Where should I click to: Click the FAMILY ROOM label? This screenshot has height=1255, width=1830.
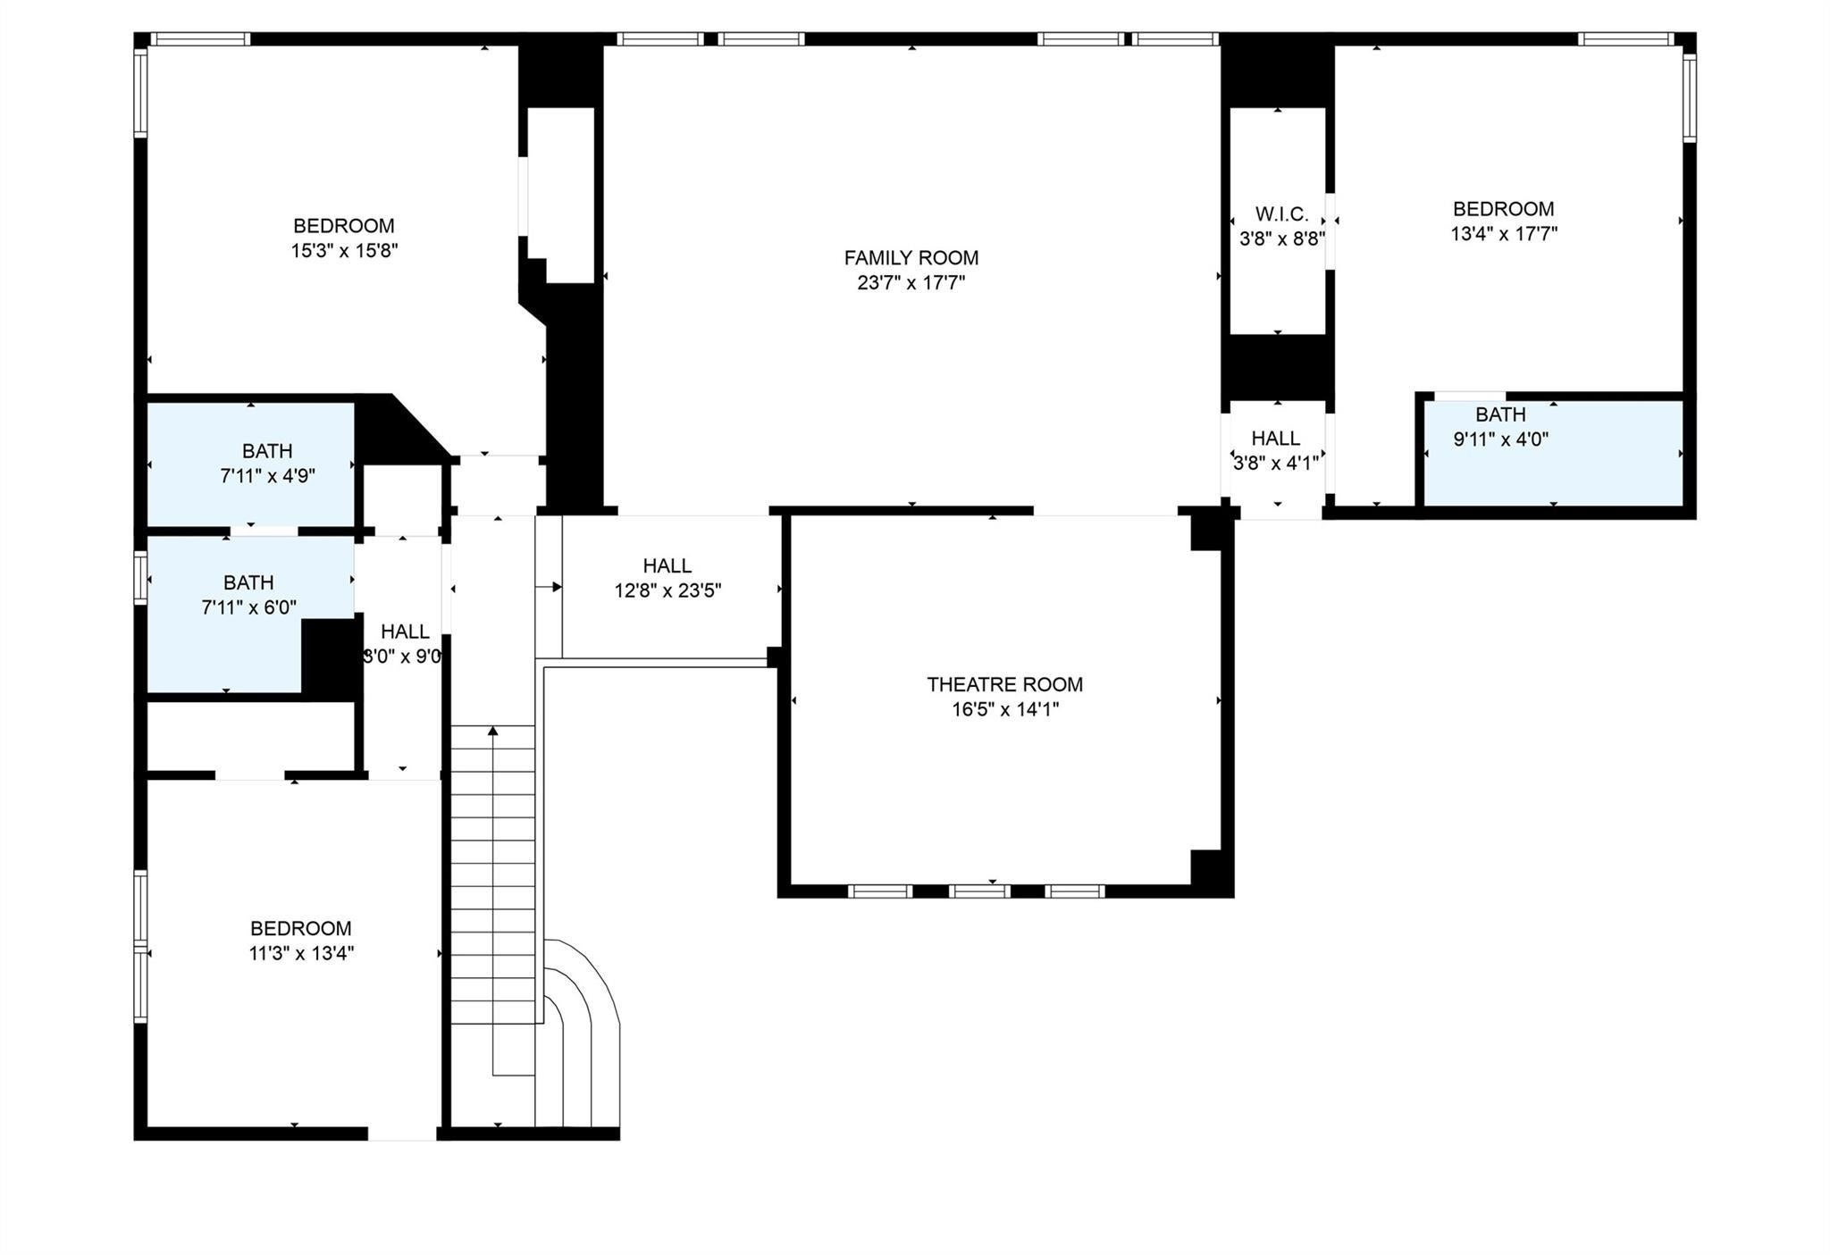click(911, 258)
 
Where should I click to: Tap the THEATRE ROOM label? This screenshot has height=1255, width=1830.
click(1004, 685)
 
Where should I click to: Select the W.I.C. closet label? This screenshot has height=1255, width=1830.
click(1281, 214)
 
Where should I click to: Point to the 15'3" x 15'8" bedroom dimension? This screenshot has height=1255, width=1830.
click(344, 251)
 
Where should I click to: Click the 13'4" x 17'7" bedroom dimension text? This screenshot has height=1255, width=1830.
click(1504, 234)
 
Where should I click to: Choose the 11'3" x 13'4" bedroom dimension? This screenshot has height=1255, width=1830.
click(301, 953)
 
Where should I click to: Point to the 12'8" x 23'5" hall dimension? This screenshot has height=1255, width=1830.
click(667, 590)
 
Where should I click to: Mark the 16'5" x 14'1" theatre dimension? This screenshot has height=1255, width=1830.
click(1005, 710)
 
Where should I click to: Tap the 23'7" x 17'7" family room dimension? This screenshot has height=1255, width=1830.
click(911, 283)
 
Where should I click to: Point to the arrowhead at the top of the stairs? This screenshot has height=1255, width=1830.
click(492, 732)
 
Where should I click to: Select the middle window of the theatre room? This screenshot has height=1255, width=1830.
click(979, 891)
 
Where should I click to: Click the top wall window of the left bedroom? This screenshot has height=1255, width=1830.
click(199, 38)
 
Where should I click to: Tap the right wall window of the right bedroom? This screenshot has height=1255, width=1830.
click(1690, 97)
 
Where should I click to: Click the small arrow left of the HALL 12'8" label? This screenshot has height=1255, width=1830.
click(549, 587)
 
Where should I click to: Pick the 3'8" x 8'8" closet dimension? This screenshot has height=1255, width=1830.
click(1281, 239)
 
